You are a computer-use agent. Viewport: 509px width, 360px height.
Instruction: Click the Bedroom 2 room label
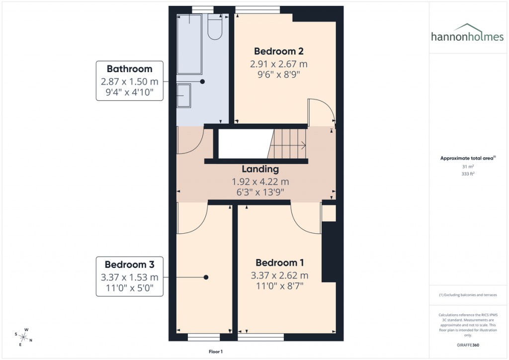click(x=278, y=51)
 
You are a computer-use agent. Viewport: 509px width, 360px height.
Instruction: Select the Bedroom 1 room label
click(x=279, y=263)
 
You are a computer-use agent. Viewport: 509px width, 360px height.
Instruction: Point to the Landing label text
click(x=260, y=169)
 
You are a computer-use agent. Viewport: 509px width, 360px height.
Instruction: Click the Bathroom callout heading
click(x=129, y=69)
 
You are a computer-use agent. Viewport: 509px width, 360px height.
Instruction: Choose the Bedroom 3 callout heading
click(x=129, y=265)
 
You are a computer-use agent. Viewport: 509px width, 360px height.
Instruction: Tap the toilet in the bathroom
click(x=215, y=27)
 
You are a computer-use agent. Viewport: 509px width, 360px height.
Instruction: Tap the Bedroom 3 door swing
click(x=190, y=219)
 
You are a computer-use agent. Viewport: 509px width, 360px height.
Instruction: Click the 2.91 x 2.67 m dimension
click(x=278, y=64)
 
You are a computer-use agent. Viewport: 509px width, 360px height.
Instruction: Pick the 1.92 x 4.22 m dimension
click(x=260, y=182)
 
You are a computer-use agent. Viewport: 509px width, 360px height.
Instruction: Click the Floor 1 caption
click(x=216, y=352)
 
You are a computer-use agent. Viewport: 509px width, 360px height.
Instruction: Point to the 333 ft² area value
click(x=467, y=175)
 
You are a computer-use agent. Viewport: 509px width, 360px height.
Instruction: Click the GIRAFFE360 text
click(x=469, y=345)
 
